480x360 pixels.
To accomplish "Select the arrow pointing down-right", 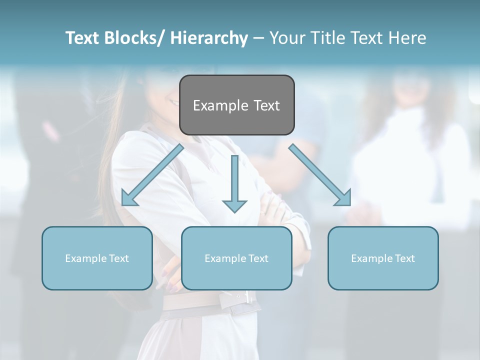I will [x=320, y=175].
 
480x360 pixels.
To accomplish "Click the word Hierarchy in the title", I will [x=209, y=38].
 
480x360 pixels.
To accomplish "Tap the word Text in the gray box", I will [x=265, y=105].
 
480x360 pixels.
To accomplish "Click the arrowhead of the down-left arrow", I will [x=128, y=198].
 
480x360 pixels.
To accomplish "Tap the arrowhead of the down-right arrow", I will [x=344, y=198].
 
